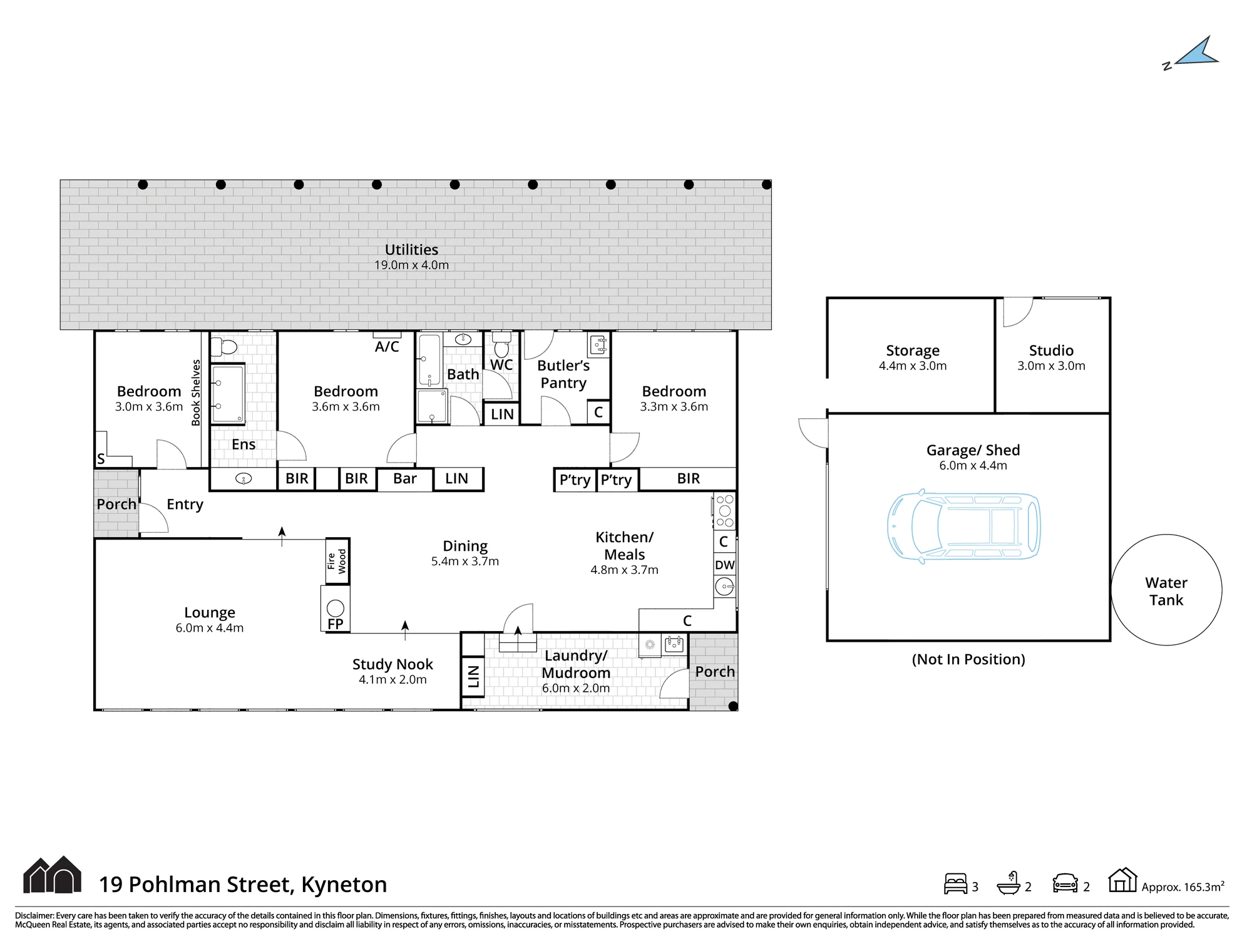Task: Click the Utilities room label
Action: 411,250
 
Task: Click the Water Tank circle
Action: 1166,590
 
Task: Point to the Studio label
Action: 1051,351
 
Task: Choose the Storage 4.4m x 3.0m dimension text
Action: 913,366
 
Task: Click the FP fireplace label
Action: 336,623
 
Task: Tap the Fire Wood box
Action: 337,561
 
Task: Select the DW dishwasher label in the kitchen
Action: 725,565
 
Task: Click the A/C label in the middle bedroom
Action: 387,347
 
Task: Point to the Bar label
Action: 405,479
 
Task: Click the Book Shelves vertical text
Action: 196,393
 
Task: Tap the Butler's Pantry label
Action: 563,374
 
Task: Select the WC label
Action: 501,365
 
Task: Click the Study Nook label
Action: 393,664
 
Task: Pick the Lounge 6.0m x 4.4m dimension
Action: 210,628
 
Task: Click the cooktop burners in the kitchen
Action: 725,511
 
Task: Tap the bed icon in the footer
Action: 956,884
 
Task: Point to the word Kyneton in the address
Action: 344,885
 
